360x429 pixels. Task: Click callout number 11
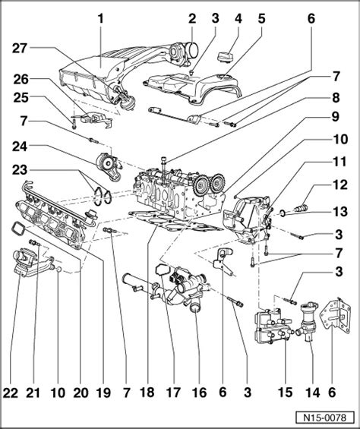335,162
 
